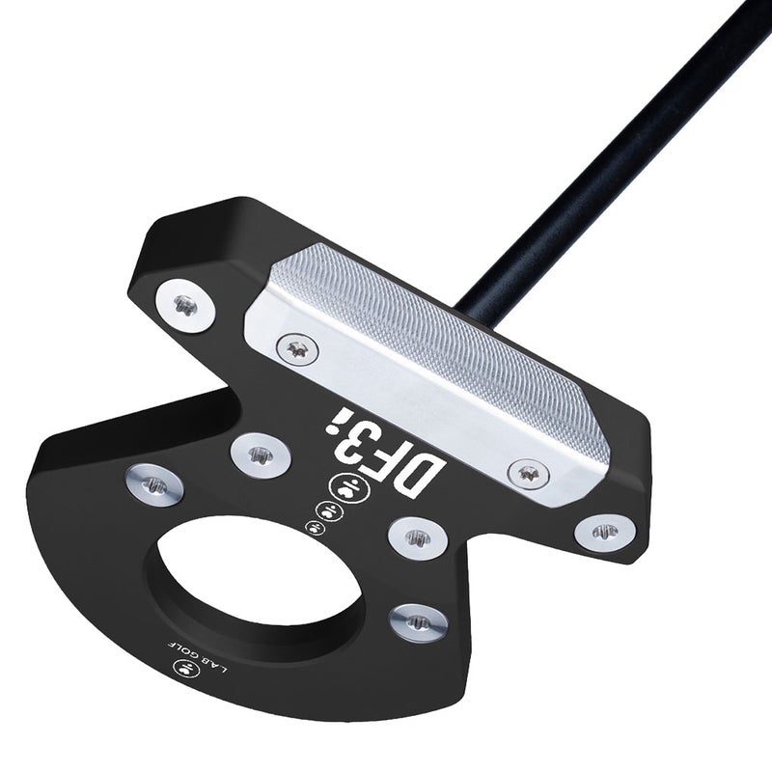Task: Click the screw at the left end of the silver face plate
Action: pyautogui.click(x=296, y=345)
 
